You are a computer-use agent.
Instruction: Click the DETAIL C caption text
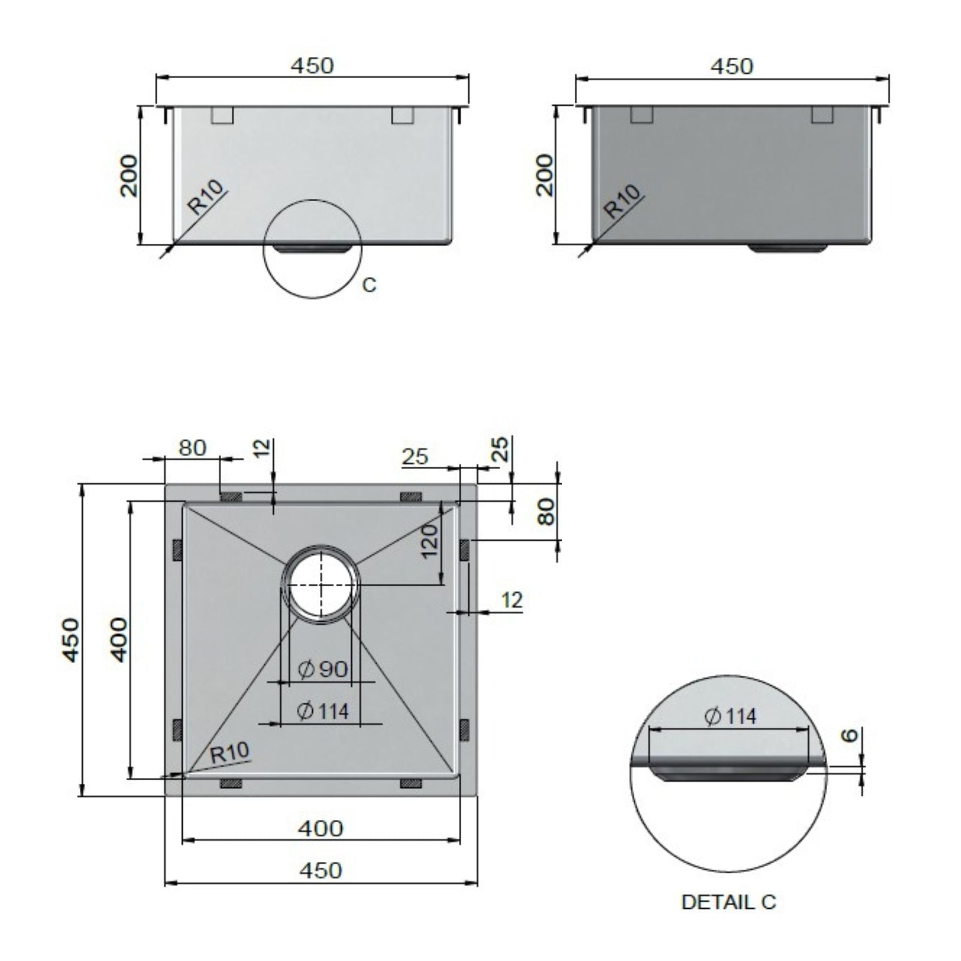(729, 902)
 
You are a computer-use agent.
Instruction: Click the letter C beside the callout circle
(369, 285)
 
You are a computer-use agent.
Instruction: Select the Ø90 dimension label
(324, 668)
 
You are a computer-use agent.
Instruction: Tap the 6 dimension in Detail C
(849, 735)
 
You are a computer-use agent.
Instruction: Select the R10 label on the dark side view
(622, 201)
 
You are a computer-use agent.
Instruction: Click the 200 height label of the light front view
(129, 175)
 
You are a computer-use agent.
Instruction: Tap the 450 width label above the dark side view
(732, 66)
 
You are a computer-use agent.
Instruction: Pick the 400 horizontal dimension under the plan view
(321, 828)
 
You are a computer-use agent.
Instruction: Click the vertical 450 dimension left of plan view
(71, 640)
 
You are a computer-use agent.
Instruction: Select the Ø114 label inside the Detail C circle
(730, 716)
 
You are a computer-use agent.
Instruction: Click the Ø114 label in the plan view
(323, 711)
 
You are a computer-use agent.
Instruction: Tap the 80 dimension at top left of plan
(192, 447)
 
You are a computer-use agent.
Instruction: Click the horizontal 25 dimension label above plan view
(415, 456)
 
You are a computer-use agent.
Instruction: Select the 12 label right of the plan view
(512, 599)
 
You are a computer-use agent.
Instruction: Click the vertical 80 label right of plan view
(545, 512)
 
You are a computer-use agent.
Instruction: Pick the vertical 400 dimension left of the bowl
(120, 640)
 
